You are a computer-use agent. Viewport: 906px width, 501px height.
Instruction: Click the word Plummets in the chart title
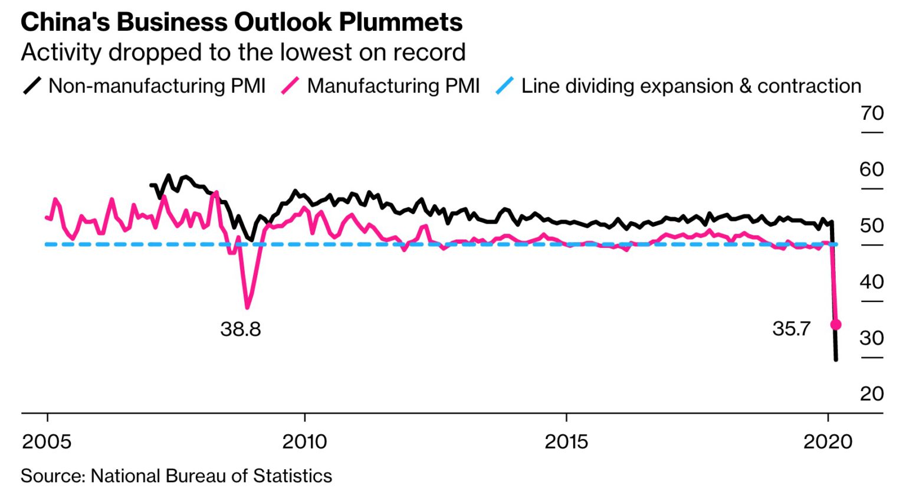click(401, 22)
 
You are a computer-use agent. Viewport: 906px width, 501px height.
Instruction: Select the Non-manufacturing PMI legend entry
click(157, 86)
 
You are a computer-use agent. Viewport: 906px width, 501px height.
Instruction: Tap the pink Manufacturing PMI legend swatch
click(291, 86)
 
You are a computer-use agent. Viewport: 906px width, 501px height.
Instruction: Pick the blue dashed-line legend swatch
click(505, 86)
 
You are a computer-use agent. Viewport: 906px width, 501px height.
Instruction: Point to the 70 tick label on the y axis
click(872, 113)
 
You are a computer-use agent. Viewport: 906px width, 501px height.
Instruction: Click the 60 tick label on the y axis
click(872, 169)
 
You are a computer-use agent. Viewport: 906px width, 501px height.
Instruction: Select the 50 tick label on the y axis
click(872, 225)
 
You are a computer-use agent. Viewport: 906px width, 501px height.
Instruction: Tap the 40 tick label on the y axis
click(872, 282)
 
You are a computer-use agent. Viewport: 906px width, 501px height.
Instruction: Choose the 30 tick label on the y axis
click(872, 338)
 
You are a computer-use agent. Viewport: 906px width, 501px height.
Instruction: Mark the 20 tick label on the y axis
click(872, 394)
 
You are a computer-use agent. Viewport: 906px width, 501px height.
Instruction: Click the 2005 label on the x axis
click(47, 441)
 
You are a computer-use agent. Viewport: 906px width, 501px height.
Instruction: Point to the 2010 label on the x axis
click(304, 441)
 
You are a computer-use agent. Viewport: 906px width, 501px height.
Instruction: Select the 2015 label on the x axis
click(566, 441)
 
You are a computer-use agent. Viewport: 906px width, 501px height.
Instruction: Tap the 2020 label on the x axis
click(828, 441)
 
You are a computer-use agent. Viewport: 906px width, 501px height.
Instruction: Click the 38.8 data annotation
click(241, 329)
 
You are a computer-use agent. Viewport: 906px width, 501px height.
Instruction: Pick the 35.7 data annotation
click(792, 329)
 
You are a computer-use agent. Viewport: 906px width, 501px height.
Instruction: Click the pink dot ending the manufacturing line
click(836, 325)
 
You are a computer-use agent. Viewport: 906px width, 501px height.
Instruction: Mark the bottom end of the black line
click(836, 359)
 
